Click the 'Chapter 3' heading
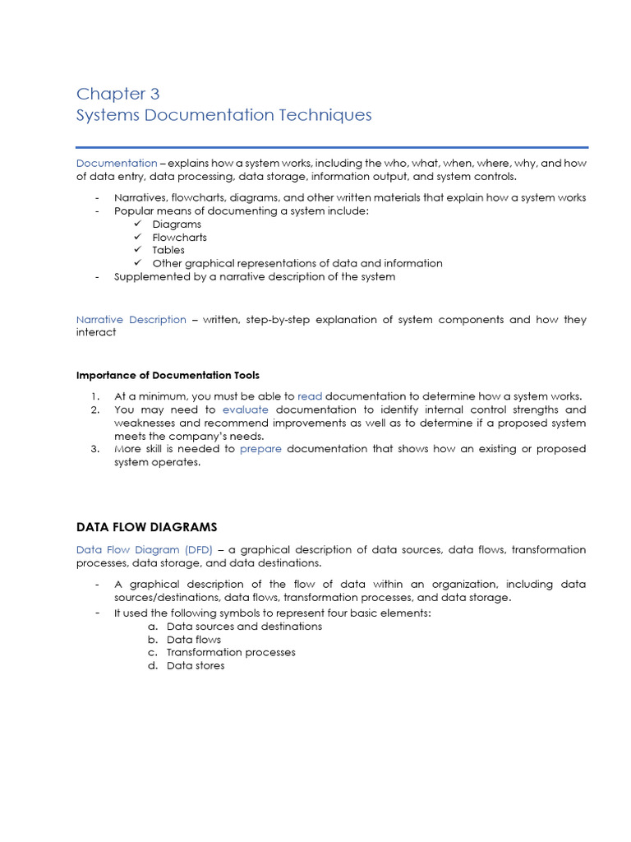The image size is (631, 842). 117,94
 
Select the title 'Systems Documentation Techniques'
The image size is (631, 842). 223,115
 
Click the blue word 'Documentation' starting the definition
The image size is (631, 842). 117,163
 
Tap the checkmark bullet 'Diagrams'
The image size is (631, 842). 177,224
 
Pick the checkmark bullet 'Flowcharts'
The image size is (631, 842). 179,238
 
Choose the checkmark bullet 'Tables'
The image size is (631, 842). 168,250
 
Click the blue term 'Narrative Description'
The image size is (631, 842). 131,319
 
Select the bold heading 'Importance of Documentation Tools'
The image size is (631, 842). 168,375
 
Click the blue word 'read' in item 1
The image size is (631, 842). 310,396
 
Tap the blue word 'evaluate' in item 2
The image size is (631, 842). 246,409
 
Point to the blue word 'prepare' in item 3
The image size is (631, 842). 260,449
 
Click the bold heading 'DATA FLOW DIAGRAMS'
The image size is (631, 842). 146,526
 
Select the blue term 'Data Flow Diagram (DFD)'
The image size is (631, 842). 144,549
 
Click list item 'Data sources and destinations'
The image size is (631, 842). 244,627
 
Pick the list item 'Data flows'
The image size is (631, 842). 194,640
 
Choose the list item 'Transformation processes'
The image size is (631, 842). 231,652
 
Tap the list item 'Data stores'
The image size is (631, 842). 196,665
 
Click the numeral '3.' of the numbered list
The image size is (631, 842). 95,449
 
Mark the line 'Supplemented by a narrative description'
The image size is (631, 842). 255,276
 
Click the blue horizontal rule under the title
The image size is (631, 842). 332,147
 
